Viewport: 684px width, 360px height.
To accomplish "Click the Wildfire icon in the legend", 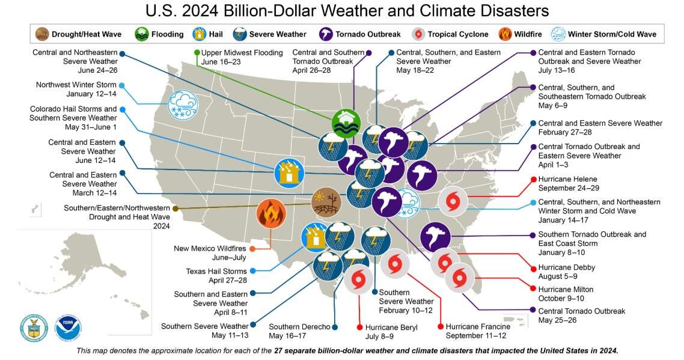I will pyautogui.click(x=505, y=34).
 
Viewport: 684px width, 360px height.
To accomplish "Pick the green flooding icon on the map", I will pyautogui.click(x=346, y=124).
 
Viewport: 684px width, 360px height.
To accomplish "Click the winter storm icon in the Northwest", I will pyautogui.click(x=183, y=105).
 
